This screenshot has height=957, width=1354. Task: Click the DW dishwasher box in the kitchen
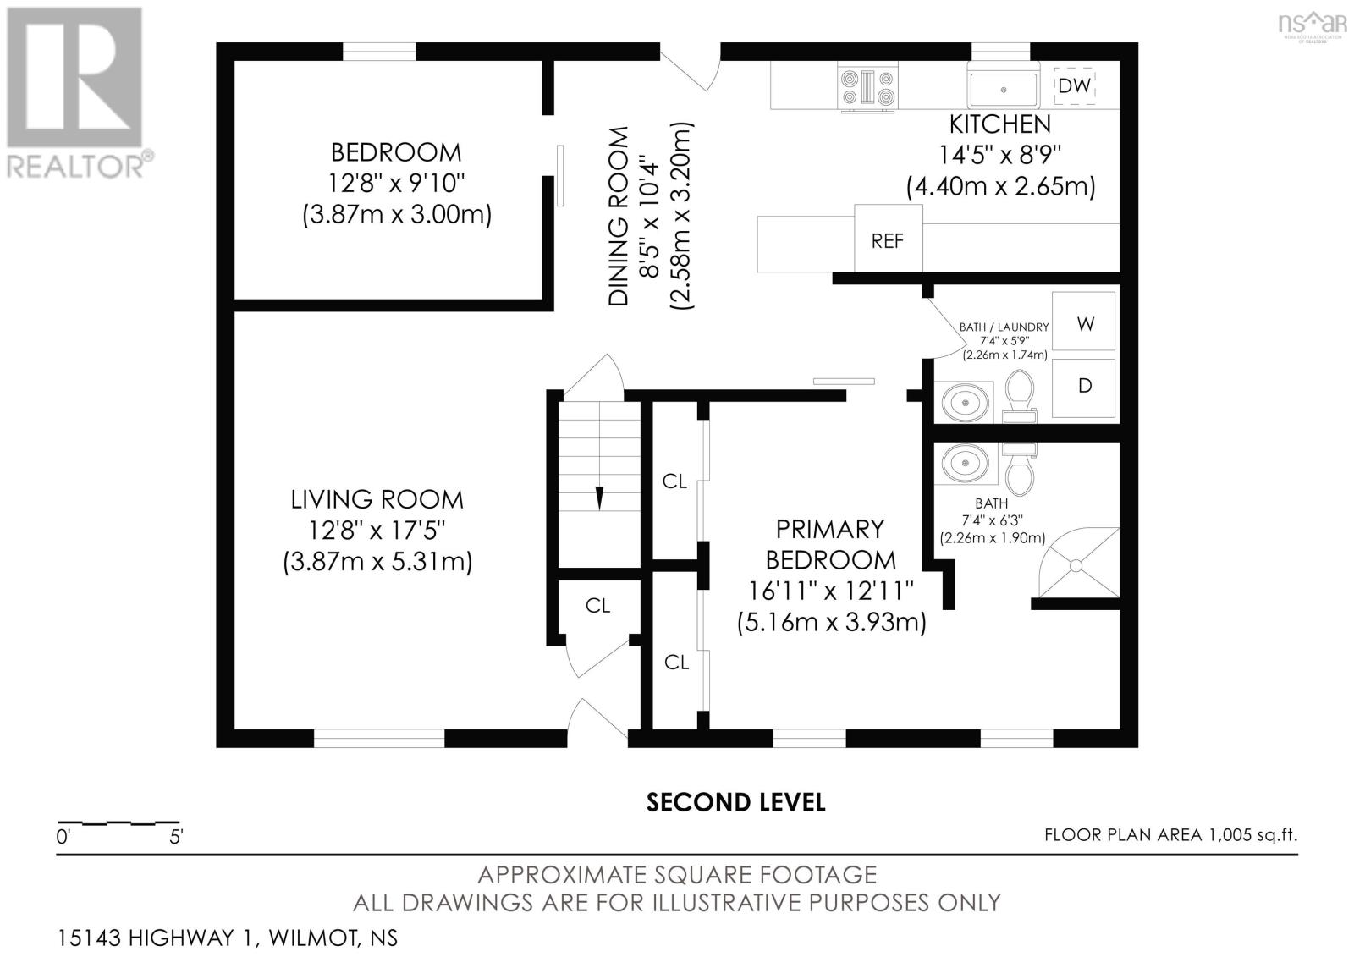pos(1075,85)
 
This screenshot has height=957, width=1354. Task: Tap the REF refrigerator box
pos(888,238)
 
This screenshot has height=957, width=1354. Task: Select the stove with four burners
pos(867,88)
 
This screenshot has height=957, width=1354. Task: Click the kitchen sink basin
pos(1004,89)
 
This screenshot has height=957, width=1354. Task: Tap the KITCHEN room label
pos(1000,124)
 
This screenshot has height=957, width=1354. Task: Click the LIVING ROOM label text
pos(377,500)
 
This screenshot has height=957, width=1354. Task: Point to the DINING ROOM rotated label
pos(618,216)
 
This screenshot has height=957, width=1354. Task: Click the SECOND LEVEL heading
pos(735,803)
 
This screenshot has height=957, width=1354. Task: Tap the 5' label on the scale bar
pos(176,838)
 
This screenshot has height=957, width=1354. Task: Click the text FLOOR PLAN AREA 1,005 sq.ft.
pos(1171,835)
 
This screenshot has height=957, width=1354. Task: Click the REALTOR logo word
pos(75,166)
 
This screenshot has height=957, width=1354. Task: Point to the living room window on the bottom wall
pos(379,738)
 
